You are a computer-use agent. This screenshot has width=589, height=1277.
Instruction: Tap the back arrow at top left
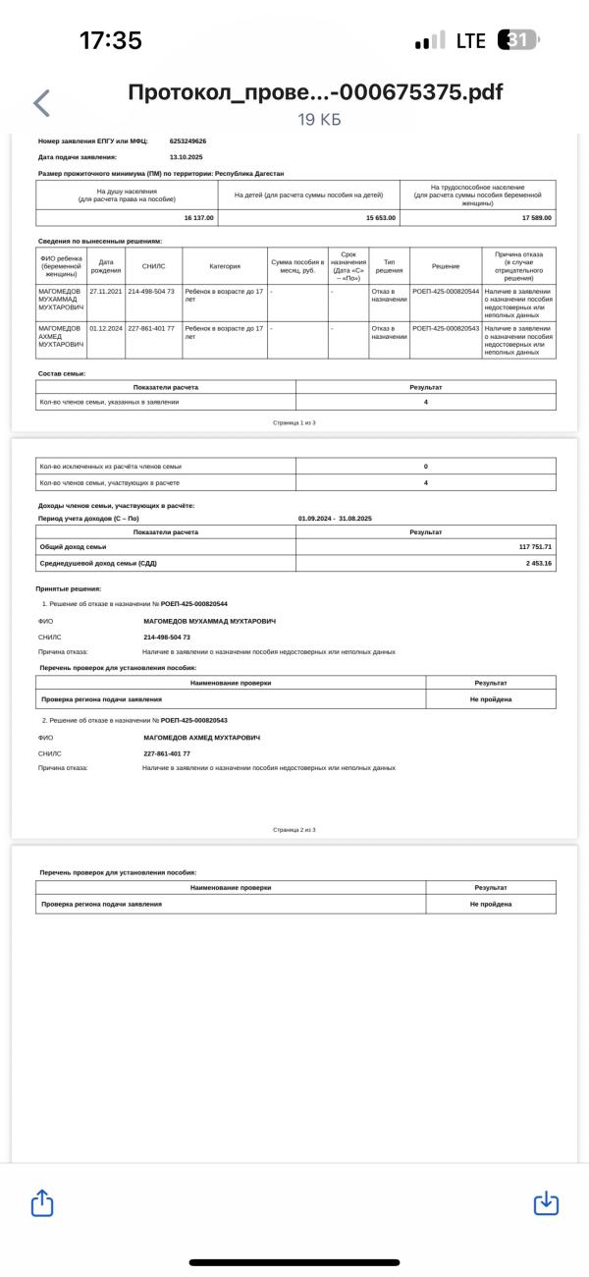point(41,102)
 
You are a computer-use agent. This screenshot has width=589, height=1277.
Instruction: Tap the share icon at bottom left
point(41,1202)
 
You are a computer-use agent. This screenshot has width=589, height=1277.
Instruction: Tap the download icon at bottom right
point(546,1202)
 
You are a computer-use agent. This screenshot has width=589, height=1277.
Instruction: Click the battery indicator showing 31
point(519,40)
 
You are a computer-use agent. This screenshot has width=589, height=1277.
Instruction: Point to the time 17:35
point(110,40)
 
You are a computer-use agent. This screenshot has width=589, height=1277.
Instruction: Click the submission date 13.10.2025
point(186,157)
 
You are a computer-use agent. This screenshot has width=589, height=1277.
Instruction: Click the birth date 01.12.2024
point(105,328)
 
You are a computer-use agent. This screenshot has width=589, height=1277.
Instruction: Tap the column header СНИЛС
point(153,265)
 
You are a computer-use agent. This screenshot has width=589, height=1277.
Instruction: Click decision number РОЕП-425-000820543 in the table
point(446,328)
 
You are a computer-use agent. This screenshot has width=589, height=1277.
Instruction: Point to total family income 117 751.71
point(535,546)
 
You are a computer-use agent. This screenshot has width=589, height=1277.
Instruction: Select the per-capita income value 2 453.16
point(539,563)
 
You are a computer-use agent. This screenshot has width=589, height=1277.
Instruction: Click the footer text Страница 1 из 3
point(294,422)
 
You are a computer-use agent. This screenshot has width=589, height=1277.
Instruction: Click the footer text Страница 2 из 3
point(294,830)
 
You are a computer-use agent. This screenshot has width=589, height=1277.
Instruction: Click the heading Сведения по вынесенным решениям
point(99,241)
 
